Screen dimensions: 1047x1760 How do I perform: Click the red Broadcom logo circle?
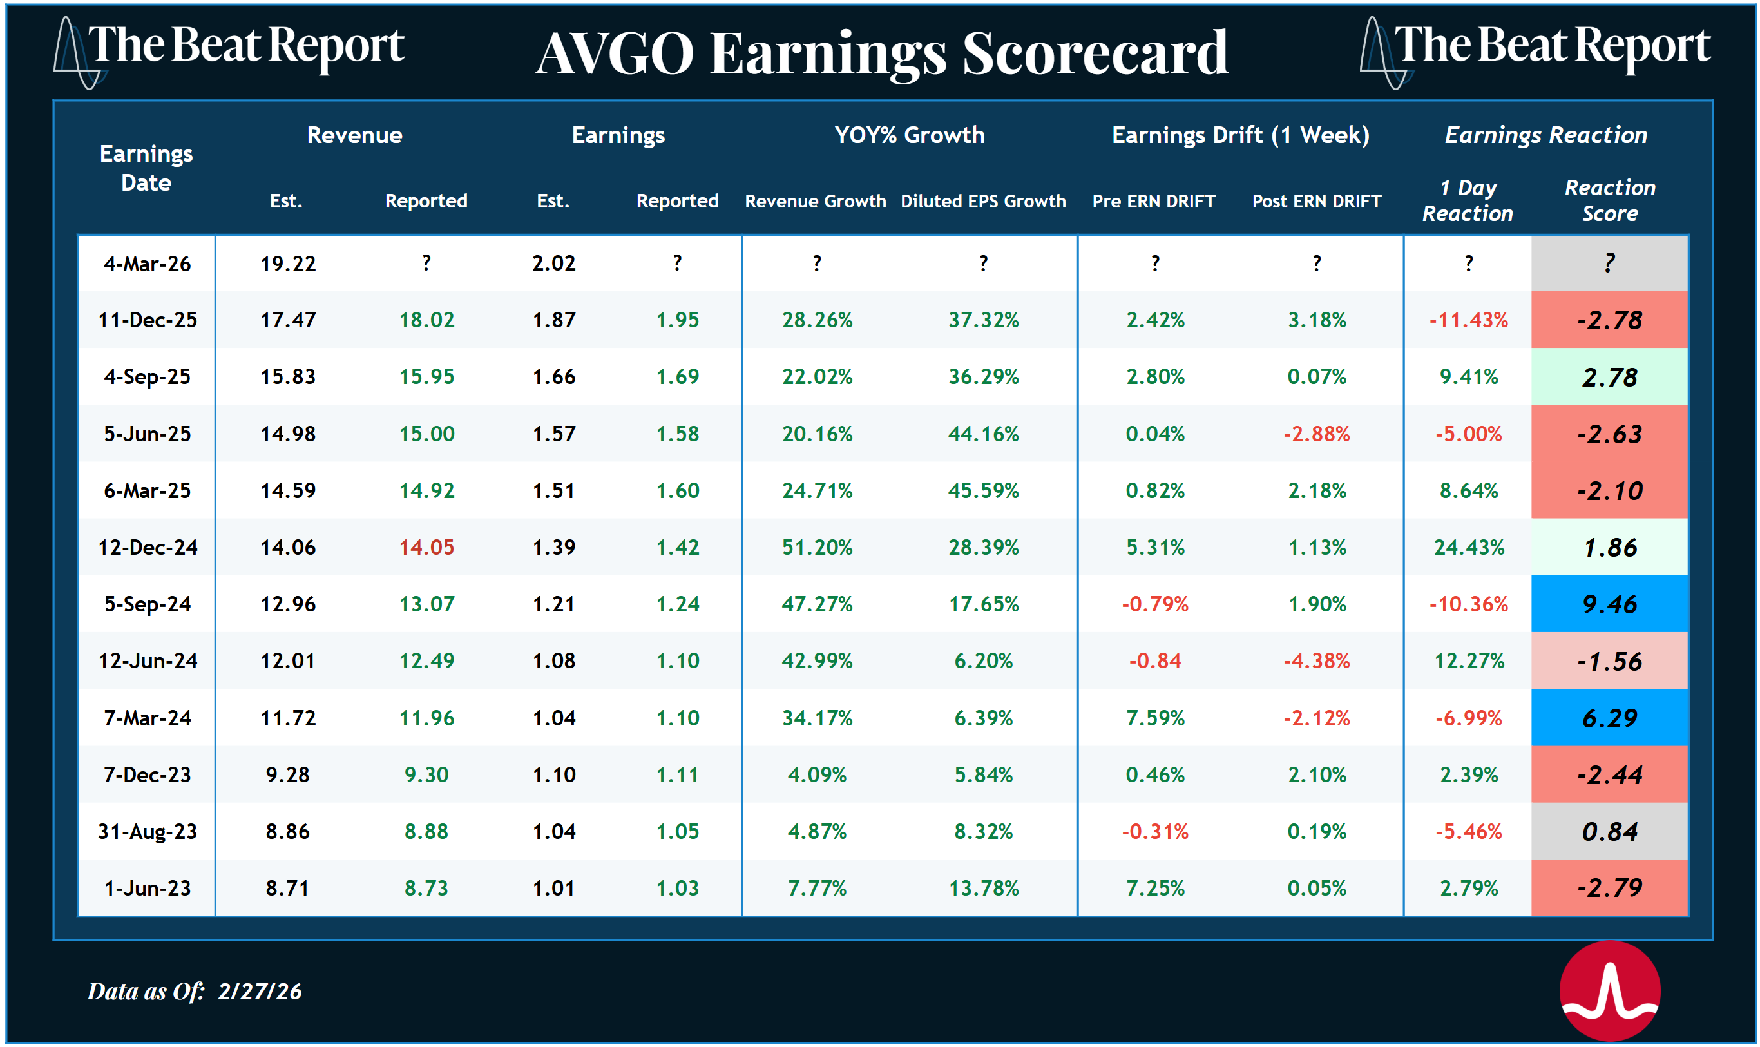[x=1609, y=990]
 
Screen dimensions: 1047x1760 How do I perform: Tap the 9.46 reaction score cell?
[x=1609, y=604]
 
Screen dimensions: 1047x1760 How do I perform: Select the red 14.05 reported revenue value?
[x=426, y=548]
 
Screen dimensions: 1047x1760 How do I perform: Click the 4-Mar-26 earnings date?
[x=147, y=264]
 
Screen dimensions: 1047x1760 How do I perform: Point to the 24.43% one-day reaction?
[x=1468, y=548]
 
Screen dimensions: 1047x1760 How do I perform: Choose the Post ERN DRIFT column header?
[x=1316, y=201]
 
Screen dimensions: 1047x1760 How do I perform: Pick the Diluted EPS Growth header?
[x=982, y=201]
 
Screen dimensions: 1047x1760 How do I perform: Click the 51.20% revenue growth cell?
[x=817, y=548]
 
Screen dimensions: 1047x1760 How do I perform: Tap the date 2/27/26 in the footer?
[x=260, y=991]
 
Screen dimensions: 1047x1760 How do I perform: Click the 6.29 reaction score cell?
[x=1609, y=718]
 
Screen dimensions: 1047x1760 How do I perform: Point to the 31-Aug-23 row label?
[x=147, y=832]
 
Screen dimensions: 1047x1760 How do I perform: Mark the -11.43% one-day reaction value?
[x=1468, y=320]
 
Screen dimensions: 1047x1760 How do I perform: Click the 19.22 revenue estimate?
[x=288, y=264]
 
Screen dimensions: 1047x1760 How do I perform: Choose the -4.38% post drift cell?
[x=1316, y=661]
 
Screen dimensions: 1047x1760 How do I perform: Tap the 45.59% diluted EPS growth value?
[x=982, y=490]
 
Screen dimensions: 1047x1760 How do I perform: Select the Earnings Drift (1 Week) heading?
[x=1240, y=135]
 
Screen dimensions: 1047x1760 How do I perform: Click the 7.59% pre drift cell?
[x=1154, y=718]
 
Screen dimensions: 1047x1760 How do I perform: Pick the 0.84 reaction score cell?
[x=1609, y=832]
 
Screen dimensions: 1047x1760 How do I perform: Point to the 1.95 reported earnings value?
[x=677, y=320]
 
